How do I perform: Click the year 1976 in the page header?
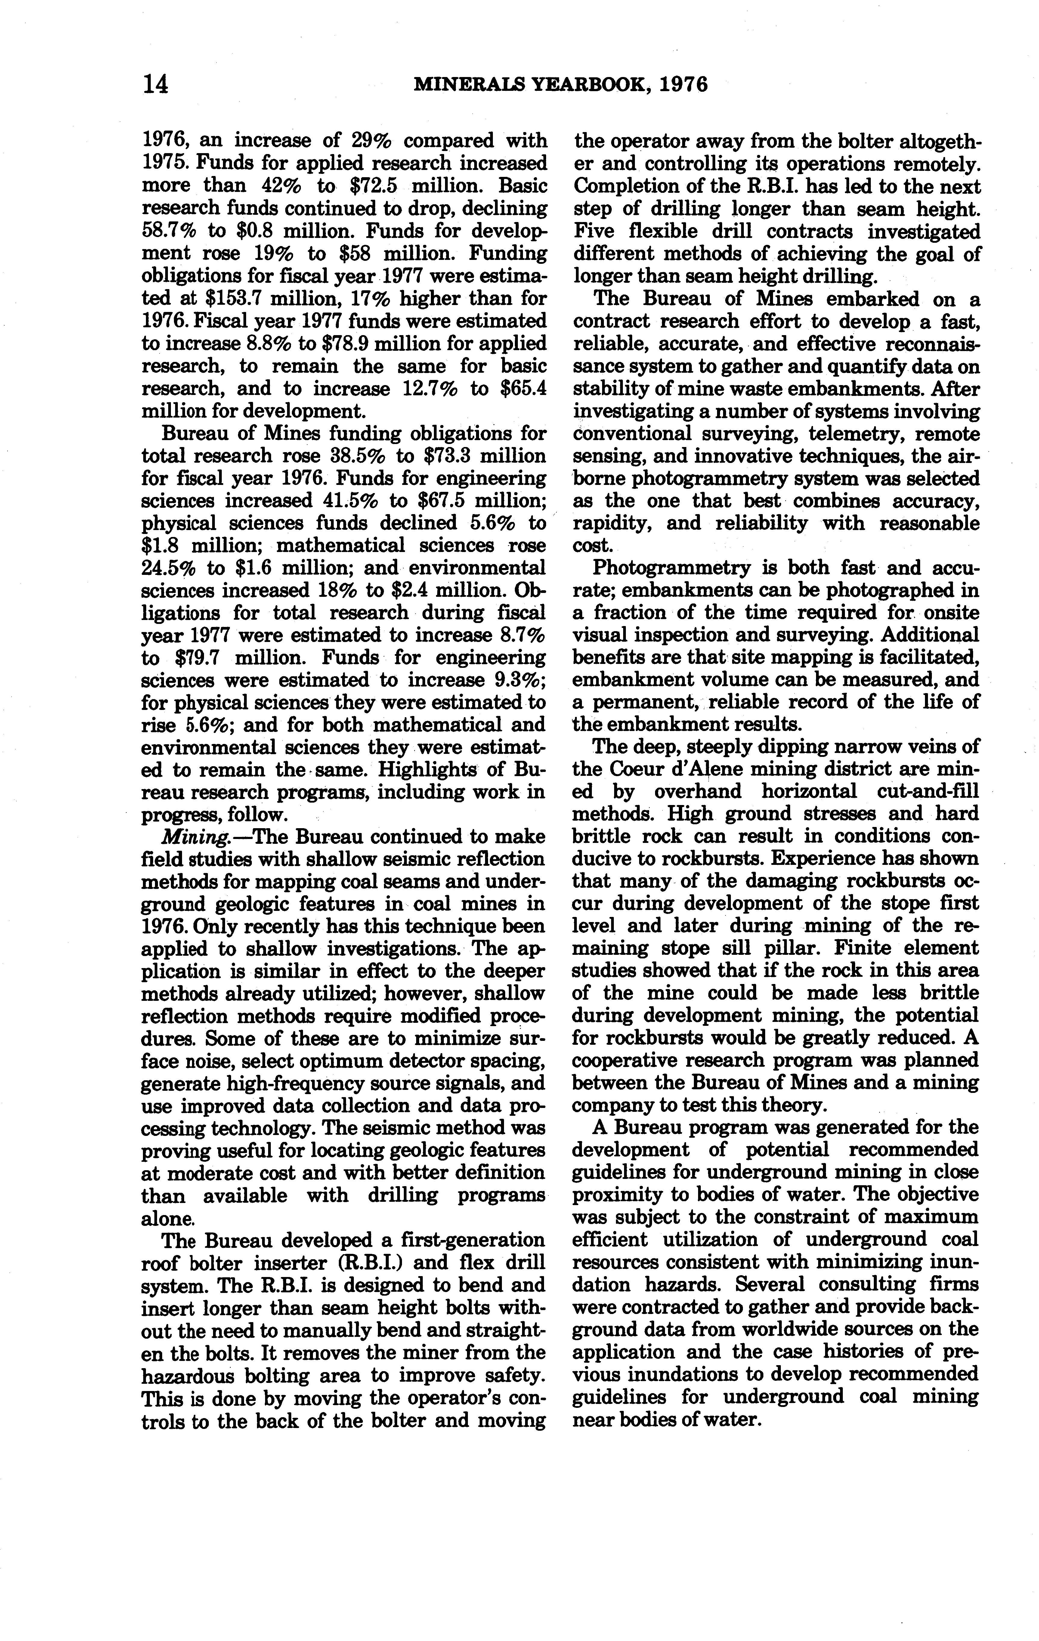click(x=684, y=85)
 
